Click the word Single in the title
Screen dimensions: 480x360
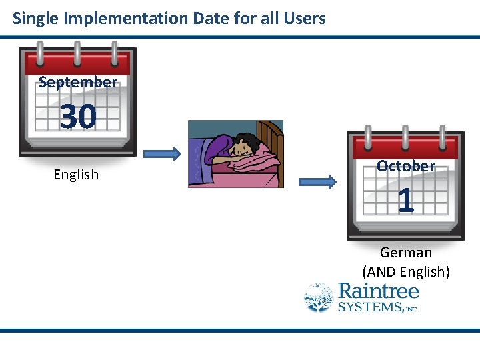(34, 18)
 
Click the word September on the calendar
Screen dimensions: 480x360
(78, 82)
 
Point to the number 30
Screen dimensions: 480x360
(78, 117)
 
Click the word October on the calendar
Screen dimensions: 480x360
(405, 166)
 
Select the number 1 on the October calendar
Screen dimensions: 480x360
(405, 201)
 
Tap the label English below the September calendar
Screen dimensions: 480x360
(76, 175)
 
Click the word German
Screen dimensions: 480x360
(406, 253)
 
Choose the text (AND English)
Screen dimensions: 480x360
(406, 272)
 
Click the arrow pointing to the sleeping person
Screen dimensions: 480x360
(161, 155)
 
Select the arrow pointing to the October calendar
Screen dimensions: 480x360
(317, 181)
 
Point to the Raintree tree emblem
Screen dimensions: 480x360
(319, 297)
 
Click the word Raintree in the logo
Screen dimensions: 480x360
(379, 291)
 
